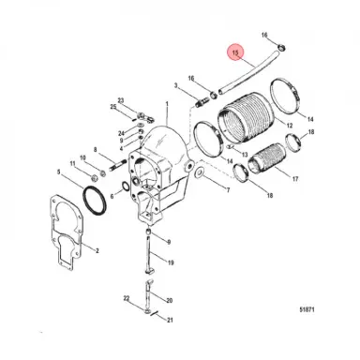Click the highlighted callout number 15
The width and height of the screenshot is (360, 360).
[235, 53]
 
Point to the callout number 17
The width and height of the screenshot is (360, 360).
[295, 177]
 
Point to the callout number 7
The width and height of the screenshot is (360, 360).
[225, 191]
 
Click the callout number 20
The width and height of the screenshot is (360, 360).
[169, 303]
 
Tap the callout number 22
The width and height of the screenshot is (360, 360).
[125, 298]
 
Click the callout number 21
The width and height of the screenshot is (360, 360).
[169, 320]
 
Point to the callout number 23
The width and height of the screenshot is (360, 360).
[121, 97]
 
